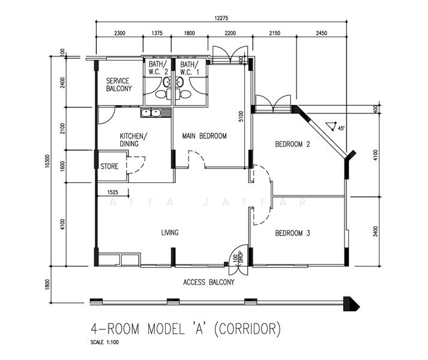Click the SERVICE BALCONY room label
[119, 85]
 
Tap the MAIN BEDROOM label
[204, 136]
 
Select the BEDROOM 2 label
[292, 144]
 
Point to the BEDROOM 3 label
[292, 233]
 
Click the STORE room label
[109, 166]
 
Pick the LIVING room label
[170, 233]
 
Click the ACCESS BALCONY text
[208, 282]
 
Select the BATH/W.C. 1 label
[190, 68]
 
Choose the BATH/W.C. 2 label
[158, 68]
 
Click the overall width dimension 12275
[221, 18]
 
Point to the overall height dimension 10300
[47, 161]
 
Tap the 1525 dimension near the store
[113, 192]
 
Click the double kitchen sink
[151, 112]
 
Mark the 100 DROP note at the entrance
[238, 257]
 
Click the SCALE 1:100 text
[104, 342]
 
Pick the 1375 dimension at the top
[157, 33]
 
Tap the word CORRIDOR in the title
[247, 329]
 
